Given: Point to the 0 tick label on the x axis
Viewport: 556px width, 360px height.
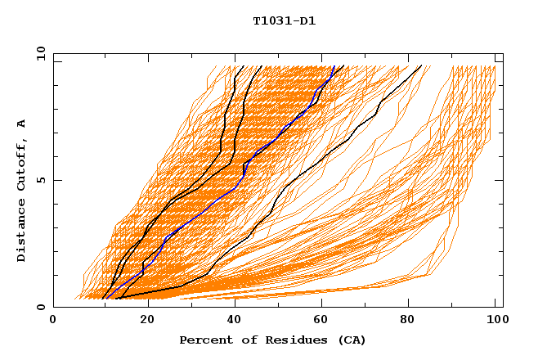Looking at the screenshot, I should click(x=53, y=320).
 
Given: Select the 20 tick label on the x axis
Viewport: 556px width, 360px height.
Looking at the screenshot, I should click(x=142, y=320).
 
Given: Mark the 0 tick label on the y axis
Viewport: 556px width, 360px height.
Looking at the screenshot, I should click(x=41, y=307).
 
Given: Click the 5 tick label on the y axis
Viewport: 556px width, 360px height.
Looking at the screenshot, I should click(x=41, y=180).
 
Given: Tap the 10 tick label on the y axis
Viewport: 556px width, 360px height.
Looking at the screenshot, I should click(x=38, y=53).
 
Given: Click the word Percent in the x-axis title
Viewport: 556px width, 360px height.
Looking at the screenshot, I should click(x=204, y=340).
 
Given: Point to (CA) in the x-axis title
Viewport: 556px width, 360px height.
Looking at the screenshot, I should click(x=351, y=340).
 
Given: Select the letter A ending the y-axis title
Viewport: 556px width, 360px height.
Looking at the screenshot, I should click(x=22, y=123).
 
